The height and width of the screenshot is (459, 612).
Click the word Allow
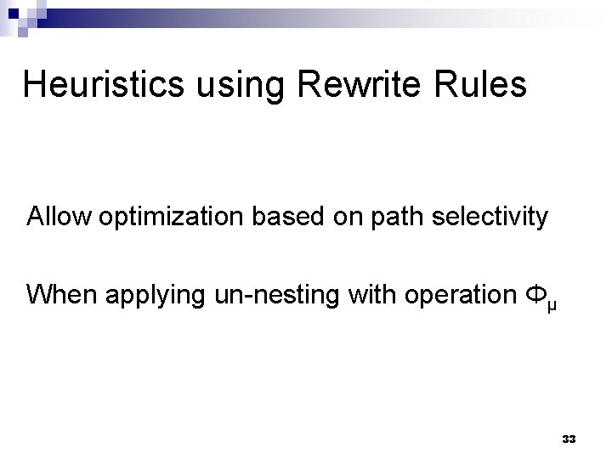60,218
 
